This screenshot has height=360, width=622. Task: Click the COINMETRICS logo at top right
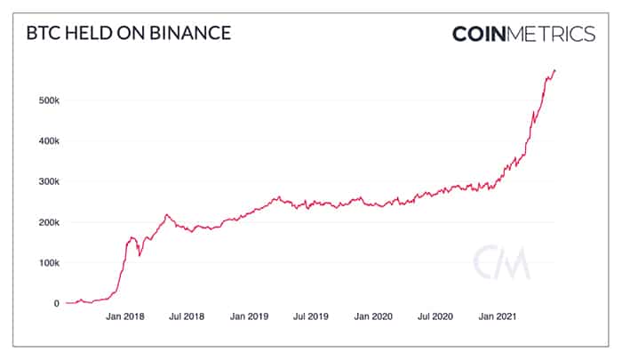point(523,35)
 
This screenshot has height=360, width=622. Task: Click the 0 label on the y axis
point(57,304)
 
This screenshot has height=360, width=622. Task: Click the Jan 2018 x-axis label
point(125,316)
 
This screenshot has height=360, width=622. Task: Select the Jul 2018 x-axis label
point(187,316)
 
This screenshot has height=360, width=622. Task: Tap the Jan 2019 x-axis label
point(249,316)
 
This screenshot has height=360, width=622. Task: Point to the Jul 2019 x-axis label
point(310,316)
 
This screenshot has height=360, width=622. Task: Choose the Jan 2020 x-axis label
point(372,316)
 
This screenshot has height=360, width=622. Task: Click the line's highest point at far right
point(554,70)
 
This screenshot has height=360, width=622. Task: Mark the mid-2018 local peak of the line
point(166,214)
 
